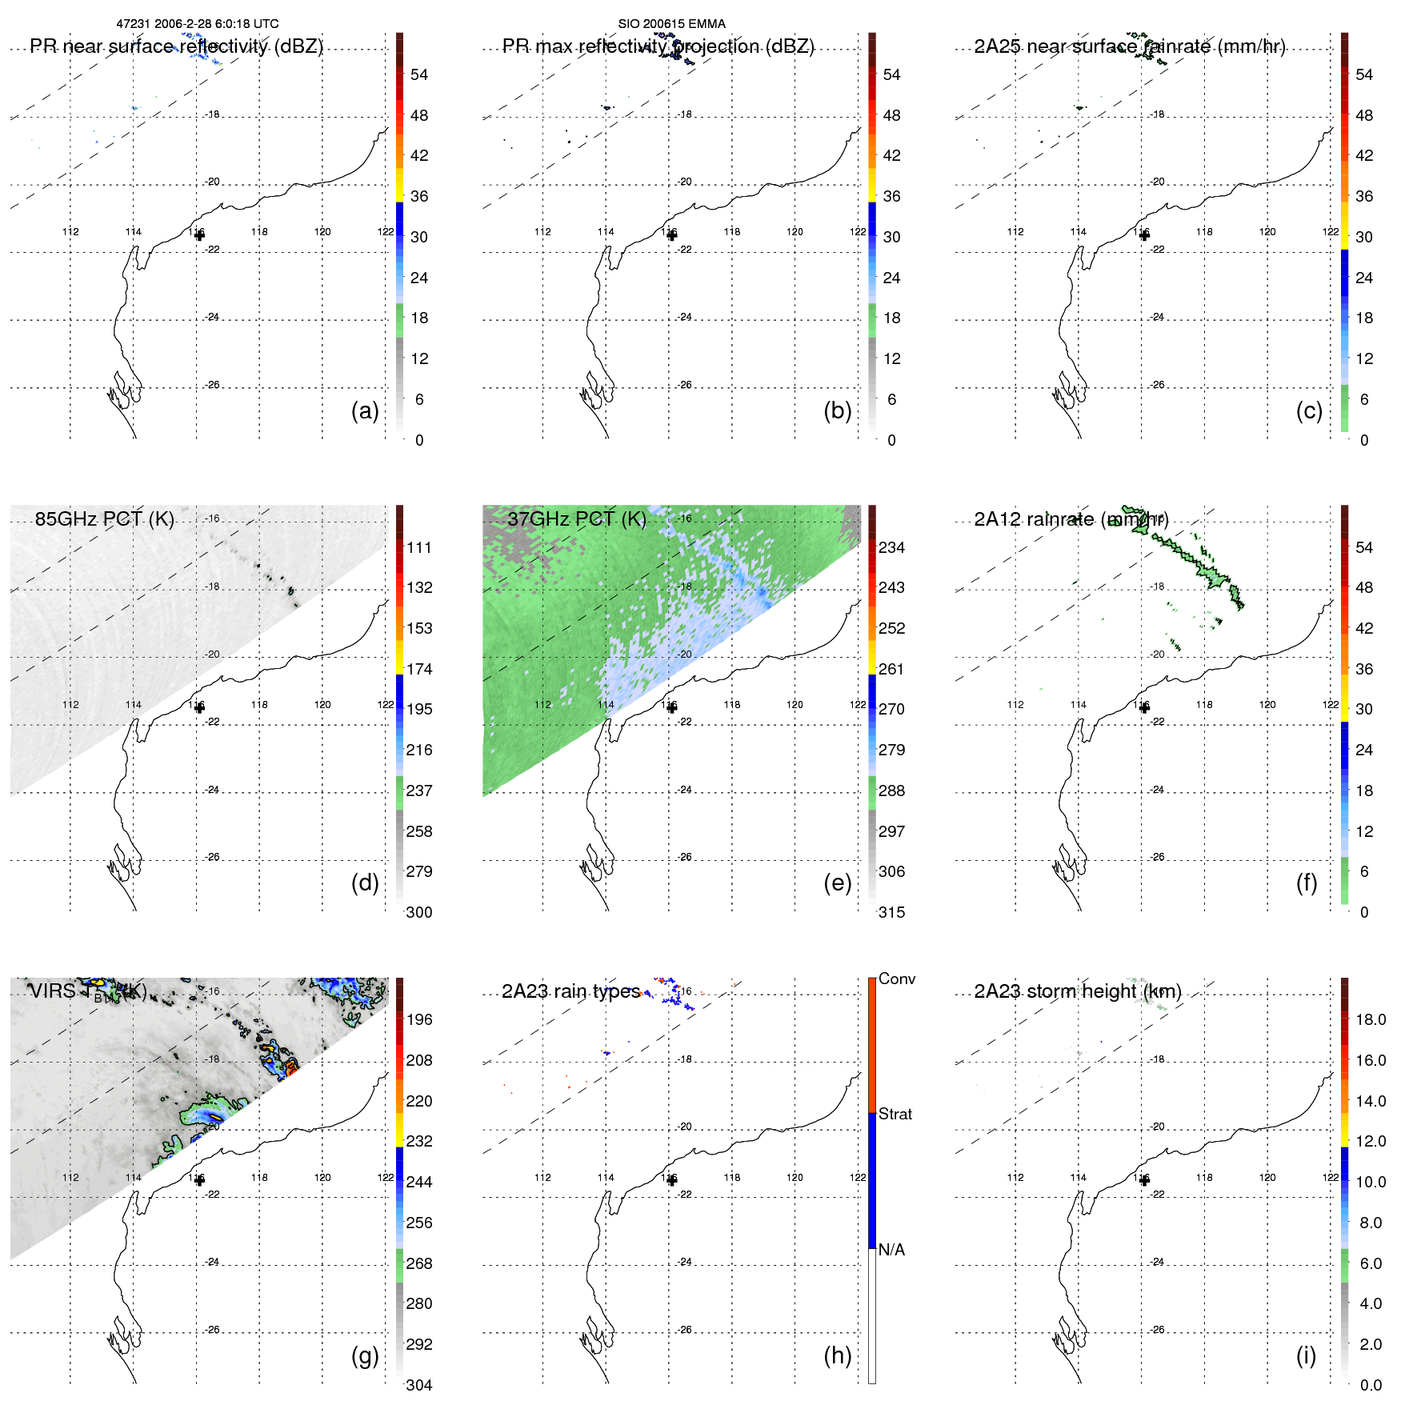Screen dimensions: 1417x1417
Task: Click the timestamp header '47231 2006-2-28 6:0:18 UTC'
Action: pos(198,24)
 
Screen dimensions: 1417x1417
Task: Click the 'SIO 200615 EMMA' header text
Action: pos(671,24)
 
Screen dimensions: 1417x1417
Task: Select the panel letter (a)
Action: pos(365,410)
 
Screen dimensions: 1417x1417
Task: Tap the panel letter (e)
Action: pos(837,883)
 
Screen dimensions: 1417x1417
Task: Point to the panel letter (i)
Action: pos(1306,1355)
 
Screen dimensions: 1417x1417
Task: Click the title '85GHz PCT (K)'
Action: pos(104,518)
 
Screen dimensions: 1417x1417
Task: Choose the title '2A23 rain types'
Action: pos(570,991)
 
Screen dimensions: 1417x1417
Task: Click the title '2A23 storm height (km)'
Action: pos(1077,991)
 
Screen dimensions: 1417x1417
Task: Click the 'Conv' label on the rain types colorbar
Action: pos(897,979)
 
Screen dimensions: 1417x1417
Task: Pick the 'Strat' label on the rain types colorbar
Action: pos(895,1114)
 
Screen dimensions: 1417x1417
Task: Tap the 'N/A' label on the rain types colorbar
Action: pos(891,1250)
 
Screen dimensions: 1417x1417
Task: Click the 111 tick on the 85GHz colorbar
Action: pos(419,547)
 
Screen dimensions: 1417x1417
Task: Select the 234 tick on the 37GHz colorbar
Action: pos(891,547)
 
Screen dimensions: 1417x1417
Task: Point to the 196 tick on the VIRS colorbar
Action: pos(419,1019)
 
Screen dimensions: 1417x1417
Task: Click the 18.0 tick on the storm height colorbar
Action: pos(1371,1019)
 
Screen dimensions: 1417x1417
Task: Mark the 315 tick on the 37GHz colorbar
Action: pos(891,912)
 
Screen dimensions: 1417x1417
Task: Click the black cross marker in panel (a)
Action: pos(199,235)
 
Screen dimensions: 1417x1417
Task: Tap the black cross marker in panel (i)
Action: pos(1144,1180)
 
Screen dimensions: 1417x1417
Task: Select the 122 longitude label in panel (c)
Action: pos(1330,232)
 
